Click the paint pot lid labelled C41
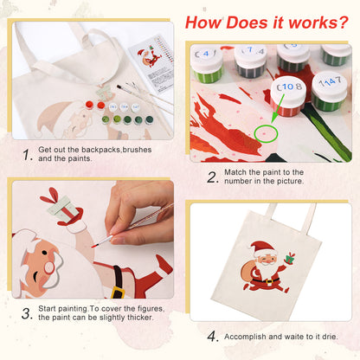click(209, 51)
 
